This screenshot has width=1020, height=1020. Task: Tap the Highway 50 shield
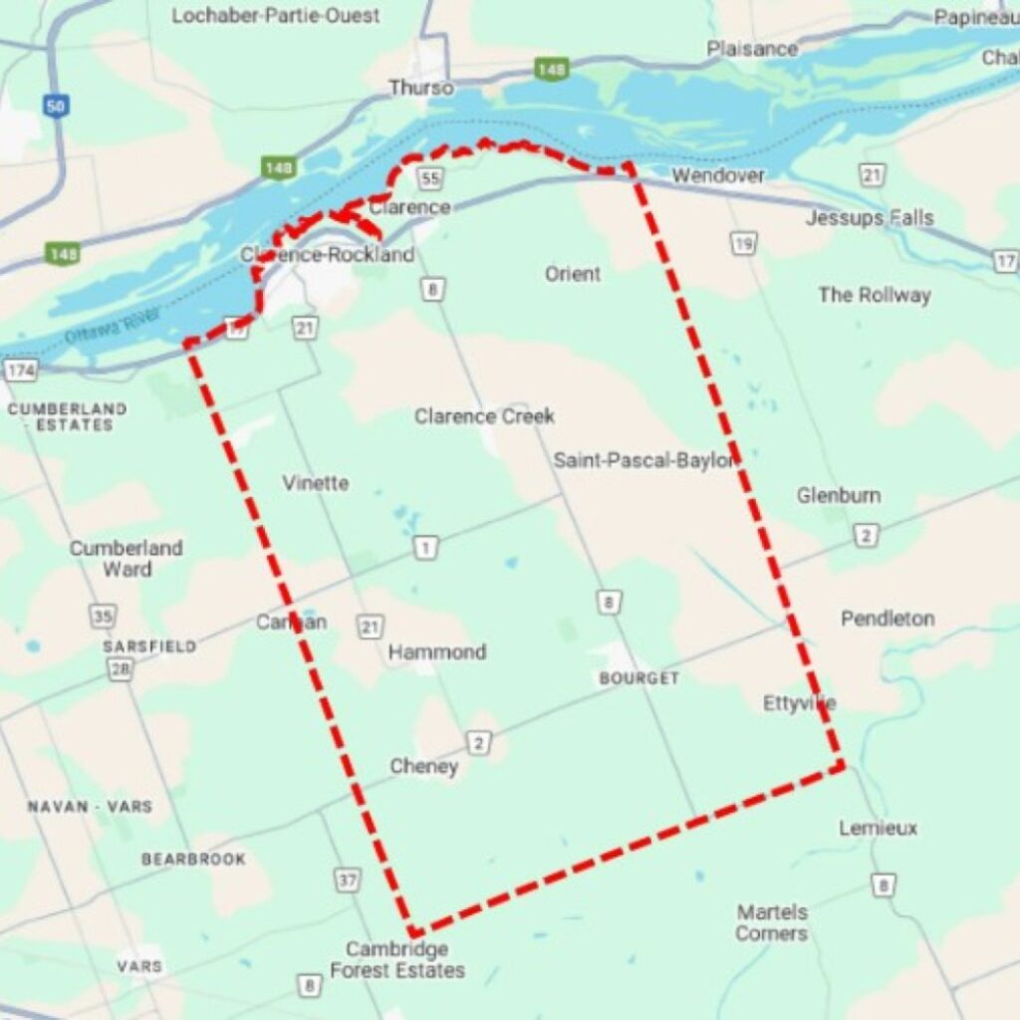[56, 106]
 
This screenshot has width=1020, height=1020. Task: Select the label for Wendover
[717, 175]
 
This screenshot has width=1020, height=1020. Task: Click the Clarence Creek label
[484, 415]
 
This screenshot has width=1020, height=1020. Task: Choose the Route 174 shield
[20, 371]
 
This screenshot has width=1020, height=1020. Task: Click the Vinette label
[315, 483]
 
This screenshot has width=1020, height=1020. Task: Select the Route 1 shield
[426, 547]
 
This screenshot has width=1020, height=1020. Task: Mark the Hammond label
[437, 651]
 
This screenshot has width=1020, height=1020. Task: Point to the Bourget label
[638, 678]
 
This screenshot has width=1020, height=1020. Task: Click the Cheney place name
[424, 766]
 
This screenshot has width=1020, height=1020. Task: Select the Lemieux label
[878, 828]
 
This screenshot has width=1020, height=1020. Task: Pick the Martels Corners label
[772, 922]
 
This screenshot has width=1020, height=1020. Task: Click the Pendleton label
[888, 619]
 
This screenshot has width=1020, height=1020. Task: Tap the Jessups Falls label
[870, 217]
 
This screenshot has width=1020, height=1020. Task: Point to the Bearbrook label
[193, 859]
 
